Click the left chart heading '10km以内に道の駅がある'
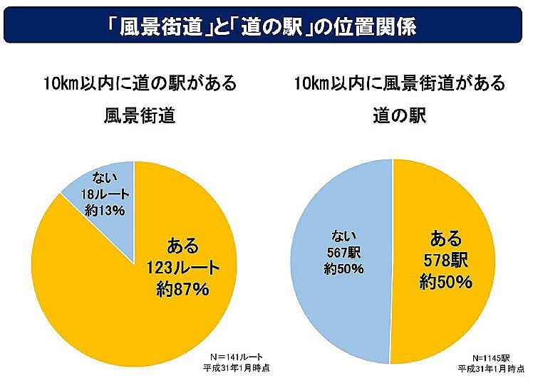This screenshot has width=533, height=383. point(138,83)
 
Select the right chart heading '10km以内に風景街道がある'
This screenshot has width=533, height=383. point(400,83)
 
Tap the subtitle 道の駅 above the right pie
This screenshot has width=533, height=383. point(400,116)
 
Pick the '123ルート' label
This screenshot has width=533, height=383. point(182,268)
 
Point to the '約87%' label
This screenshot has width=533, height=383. point(182,289)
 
